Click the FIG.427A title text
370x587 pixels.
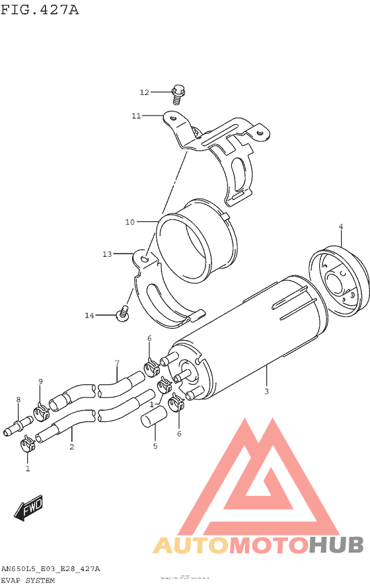click(x=40, y=10)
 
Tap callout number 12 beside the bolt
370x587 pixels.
click(x=145, y=92)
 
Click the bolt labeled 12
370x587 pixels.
click(x=177, y=94)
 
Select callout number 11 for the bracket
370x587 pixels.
click(x=135, y=116)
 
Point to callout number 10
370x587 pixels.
click(x=129, y=221)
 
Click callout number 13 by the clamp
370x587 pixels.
click(x=107, y=253)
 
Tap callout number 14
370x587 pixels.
click(x=90, y=316)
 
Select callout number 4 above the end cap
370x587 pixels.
click(x=341, y=227)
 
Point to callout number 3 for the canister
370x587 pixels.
click(x=266, y=392)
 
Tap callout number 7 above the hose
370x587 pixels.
click(x=117, y=363)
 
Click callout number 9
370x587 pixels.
click(x=40, y=382)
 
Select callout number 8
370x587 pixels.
click(x=18, y=399)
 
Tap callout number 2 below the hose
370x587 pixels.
click(x=71, y=447)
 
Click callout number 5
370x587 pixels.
click(x=155, y=446)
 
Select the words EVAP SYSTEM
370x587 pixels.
click(x=28, y=580)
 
